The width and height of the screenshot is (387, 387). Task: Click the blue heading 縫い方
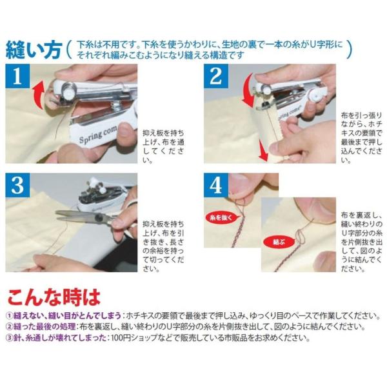coord(34,50)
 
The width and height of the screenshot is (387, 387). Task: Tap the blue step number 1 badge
coord(17,76)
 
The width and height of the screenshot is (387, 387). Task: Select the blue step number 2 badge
coord(216,76)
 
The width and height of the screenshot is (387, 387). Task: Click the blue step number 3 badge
coord(17,185)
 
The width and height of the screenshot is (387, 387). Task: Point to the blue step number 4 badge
coord(216,185)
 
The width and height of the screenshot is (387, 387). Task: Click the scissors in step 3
coord(86,217)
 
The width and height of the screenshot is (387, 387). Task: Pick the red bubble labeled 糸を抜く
coord(221,217)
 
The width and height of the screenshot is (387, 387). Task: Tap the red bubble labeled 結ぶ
coord(279,242)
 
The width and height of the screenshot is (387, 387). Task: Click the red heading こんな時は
coord(54,297)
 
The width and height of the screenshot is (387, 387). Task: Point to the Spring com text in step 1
coord(97,135)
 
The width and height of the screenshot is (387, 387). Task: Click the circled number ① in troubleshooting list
coord(10,315)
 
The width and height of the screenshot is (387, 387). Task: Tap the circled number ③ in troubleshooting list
coord(10,337)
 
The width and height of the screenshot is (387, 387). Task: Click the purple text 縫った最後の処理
coord(44,326)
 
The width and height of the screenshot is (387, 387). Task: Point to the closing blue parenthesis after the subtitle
coord(349,49)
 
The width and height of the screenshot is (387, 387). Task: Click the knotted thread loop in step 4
coord(300,236)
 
